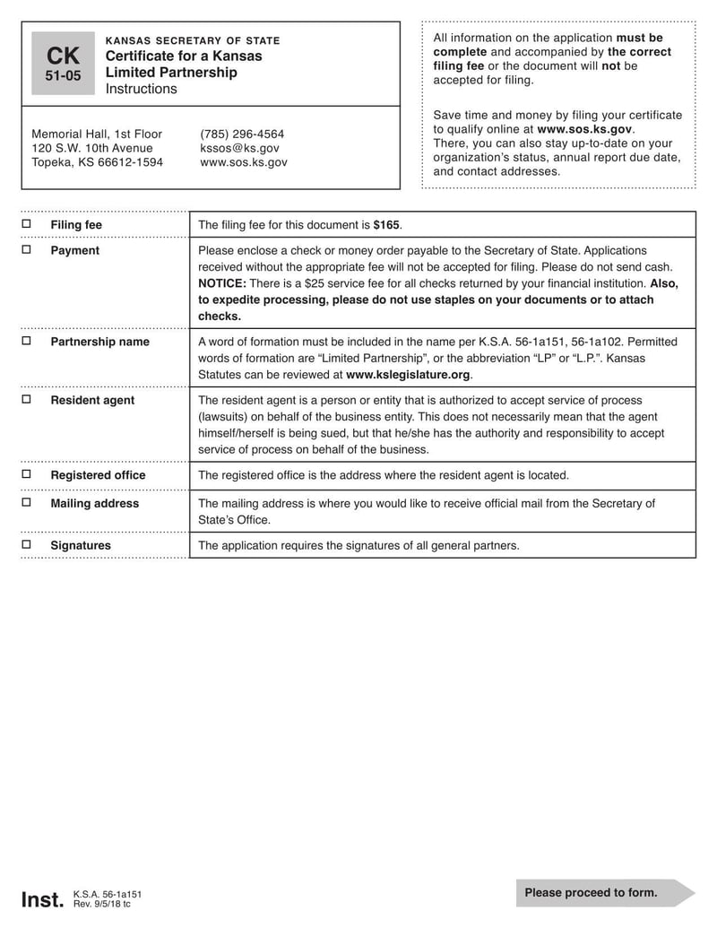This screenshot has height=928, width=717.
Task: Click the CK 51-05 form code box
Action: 63,64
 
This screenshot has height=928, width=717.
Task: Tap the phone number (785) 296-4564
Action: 242,134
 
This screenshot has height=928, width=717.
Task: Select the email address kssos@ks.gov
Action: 240,148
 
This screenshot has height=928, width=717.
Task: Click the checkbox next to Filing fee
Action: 26,224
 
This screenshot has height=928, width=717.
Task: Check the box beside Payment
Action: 26,250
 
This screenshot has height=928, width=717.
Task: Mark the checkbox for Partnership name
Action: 26,342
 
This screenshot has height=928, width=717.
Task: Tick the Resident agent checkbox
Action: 26,400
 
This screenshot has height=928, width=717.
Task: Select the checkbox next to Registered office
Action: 26,475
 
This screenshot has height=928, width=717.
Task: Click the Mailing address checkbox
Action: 26,503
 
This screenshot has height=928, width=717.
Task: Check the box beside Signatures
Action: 26,545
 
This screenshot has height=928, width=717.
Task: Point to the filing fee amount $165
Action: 386,225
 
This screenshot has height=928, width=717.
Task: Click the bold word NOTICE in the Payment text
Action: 221,283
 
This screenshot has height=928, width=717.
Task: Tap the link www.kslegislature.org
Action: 408,375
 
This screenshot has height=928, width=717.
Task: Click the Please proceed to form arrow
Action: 604,893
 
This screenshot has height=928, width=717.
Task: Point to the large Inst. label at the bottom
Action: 42,899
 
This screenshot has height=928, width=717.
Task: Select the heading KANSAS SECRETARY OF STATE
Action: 193,40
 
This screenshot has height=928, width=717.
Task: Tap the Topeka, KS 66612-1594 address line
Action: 98,162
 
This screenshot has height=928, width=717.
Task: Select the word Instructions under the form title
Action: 142,89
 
